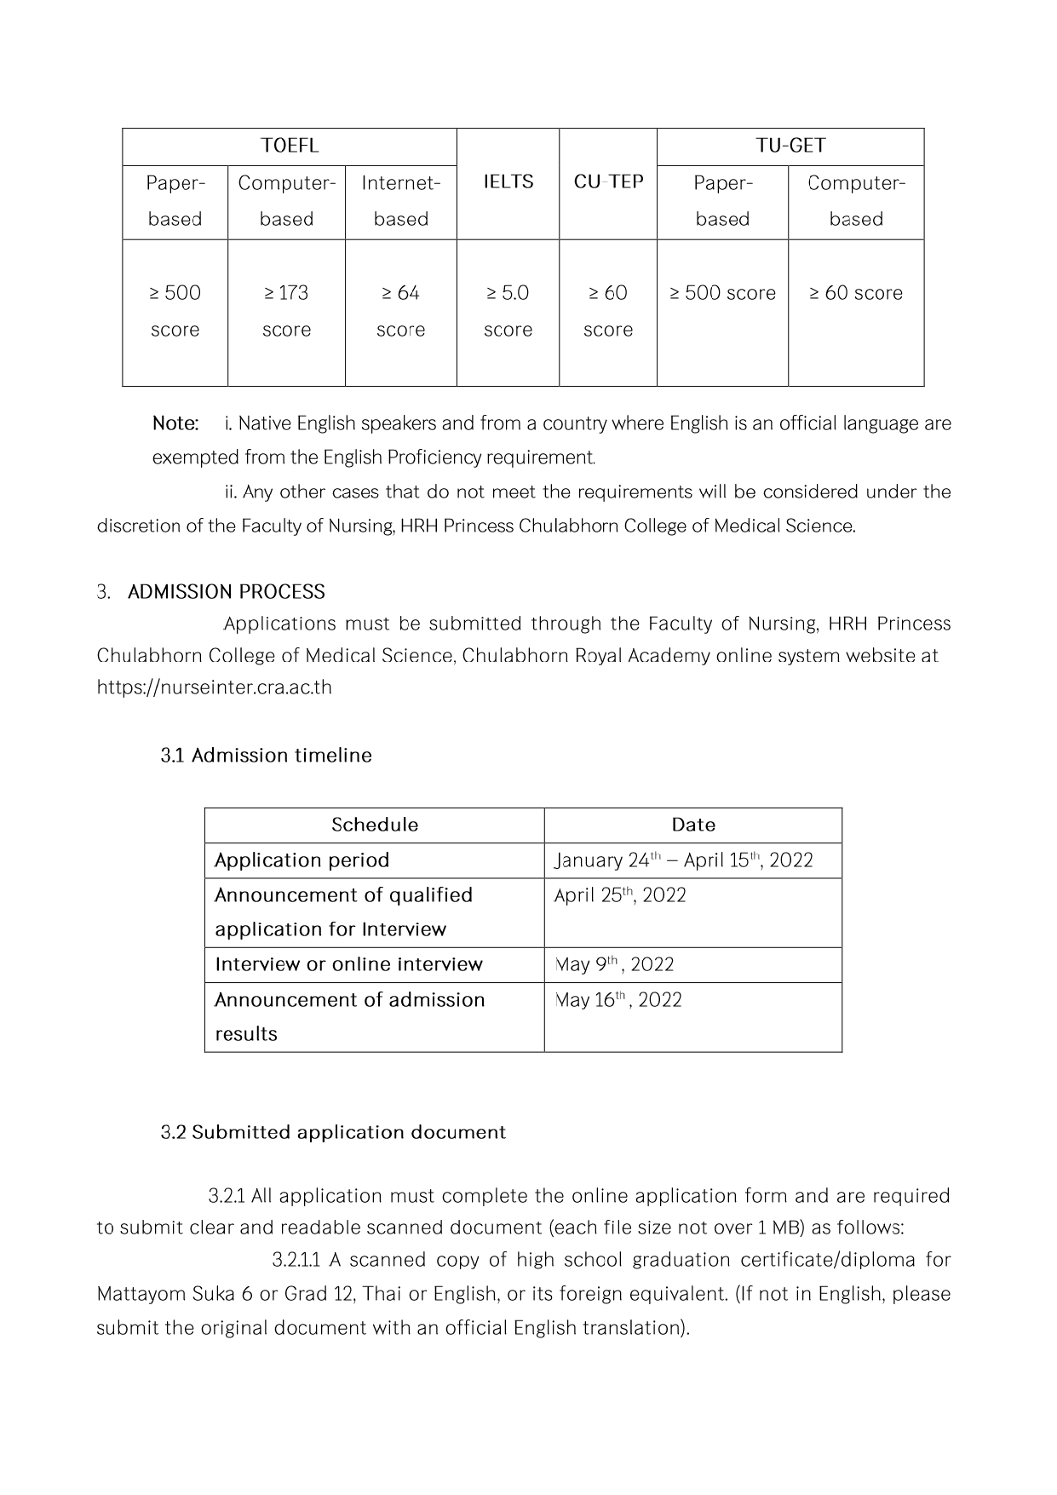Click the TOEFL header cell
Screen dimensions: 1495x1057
click(290, 146)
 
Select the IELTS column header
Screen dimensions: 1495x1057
click(508, 181)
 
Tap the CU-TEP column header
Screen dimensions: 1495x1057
click(608, 181)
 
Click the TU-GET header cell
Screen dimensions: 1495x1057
click(790, 146)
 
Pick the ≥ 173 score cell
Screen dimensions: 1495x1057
click(286, 311)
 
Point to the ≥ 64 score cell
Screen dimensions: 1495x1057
click(400, 311)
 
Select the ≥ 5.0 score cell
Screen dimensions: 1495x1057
click(508, 311)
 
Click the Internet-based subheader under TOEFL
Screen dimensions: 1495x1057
click(400, 201)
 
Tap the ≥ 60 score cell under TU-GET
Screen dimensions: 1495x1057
click(855, 293)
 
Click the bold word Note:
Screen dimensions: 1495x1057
click(175, 423)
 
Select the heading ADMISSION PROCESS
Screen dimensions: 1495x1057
click(227, 592)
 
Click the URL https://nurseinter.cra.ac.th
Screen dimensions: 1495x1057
click(214, 687)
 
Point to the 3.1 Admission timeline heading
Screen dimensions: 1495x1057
click(266, 756)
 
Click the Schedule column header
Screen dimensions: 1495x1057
click(375, 825)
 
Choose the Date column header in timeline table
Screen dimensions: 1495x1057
click(693, 825)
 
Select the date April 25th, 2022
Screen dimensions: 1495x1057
click(620, 895)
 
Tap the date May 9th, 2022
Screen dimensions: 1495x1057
click(614, 964)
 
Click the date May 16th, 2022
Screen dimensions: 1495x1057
click(618, 1000)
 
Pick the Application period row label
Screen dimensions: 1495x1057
click(302, 860)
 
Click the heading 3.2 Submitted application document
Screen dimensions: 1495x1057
click(333, 1133)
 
